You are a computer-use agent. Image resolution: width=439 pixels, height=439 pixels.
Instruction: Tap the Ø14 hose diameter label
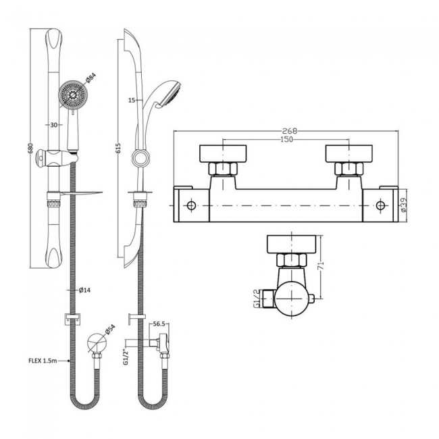click(85, 290)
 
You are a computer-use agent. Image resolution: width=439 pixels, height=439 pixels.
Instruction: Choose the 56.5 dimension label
click(159, 324)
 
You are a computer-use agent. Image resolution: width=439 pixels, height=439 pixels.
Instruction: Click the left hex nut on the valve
click(222, 169)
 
